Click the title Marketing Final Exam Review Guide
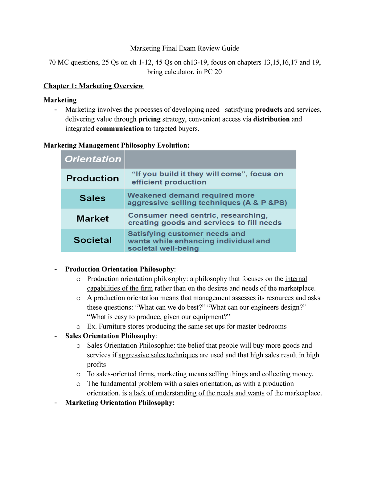(x=184, y=48)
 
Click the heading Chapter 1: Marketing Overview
(x=93, y=86)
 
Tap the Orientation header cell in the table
(x=93, y=159)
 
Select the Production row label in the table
(x=92, y=178)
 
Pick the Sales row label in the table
(x=92, y=198)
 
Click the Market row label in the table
(x=92, y=219)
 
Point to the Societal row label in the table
(x=92, y=240)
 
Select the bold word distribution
(x=271, y=119)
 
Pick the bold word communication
(x=120, y=129)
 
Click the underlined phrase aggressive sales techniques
(x=158, y=355)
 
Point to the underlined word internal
(x=296, y=279)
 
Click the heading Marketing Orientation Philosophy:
(x=120, y=403)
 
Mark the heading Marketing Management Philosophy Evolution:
(x=117, y=145)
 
